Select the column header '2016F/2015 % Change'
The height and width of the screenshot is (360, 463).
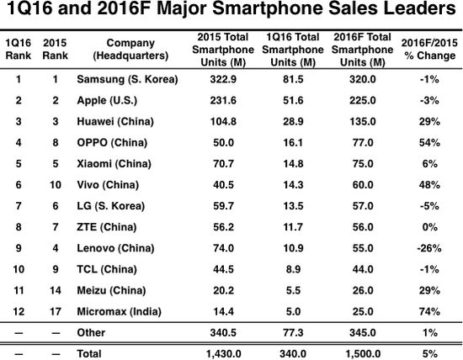(x=428, y=50)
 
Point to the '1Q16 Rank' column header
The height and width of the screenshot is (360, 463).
(x=19, y=50)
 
